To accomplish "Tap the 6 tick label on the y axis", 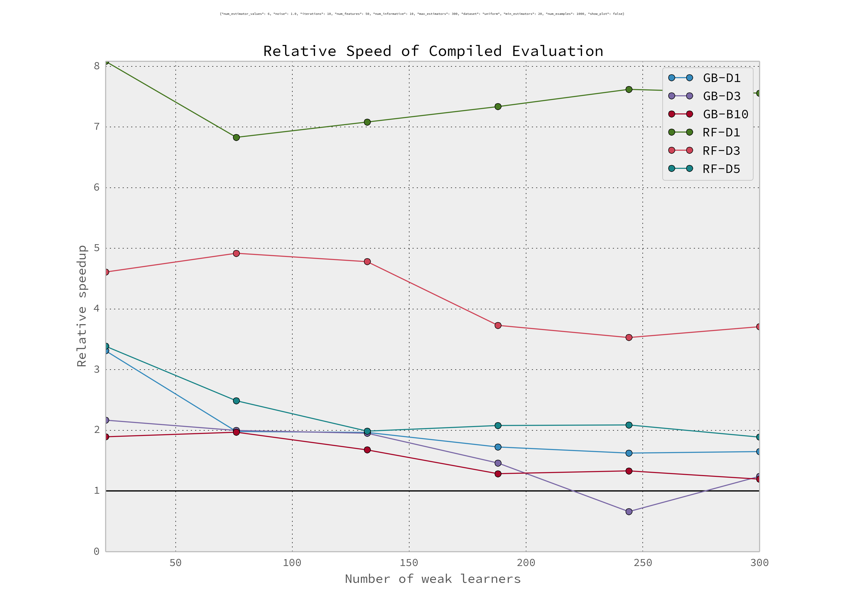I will click(x=97, y=187).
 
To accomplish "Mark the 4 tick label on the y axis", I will click(x=97, y=309).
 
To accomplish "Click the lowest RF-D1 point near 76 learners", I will click(x=236, y=138).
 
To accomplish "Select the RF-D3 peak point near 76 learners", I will click(x=236, y=254).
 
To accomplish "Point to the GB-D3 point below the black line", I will click(x=629, y=512).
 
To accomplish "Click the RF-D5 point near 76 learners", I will click(x=236, y=401).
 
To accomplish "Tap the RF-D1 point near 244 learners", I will click(x=629, y=90).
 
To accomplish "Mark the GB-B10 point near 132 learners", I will click(x=367, y=450).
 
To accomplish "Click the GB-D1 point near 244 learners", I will click(x=629, y=453).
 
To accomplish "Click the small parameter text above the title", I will click(x=422, y=14).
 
